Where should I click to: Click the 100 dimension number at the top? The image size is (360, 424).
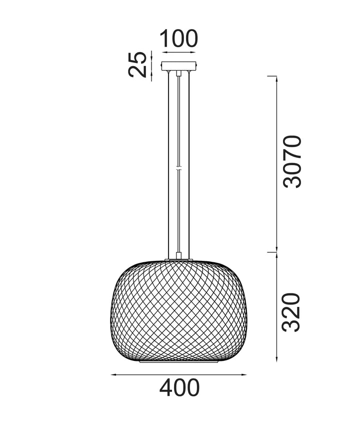point(179,39)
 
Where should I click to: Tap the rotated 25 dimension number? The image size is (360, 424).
point(137,65)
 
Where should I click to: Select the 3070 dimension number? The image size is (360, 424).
point(291,162)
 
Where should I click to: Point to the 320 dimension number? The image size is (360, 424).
point(291,312)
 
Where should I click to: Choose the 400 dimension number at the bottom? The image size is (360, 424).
point(179,388)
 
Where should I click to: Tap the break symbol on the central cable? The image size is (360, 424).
point(178,168)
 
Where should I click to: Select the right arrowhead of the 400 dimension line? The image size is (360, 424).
point(244,374)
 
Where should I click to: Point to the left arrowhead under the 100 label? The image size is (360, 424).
point(164,53)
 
